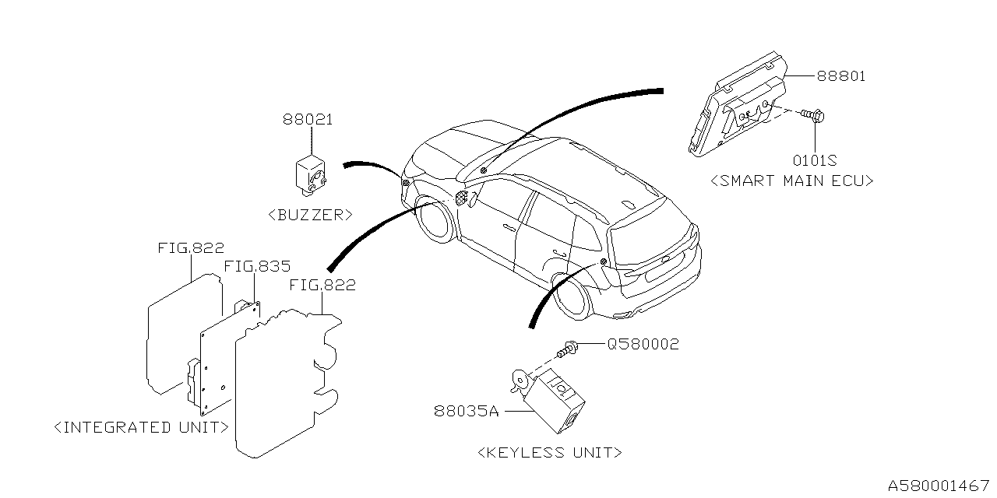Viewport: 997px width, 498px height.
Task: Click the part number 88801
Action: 841,76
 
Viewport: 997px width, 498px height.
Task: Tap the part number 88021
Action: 308,120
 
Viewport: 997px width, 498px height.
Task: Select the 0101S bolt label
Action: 815,160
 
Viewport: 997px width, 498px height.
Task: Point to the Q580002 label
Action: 643,344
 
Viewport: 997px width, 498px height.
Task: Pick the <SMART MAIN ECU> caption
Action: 792,181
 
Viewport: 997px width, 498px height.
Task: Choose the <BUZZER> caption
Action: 310,215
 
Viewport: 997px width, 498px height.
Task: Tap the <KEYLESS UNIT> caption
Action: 549,452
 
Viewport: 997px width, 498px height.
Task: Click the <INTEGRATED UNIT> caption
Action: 142,427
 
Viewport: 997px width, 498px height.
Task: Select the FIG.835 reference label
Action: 257,267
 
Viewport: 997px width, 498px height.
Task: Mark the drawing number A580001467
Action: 939,485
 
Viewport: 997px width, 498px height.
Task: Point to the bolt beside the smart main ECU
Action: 813,117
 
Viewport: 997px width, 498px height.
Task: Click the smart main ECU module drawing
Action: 740,105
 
